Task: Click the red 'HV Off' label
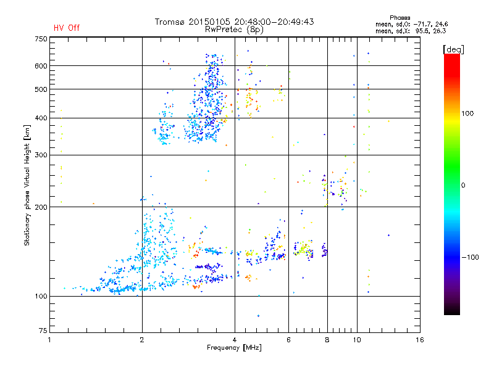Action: click(x=67, y=28)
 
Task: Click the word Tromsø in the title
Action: click(x=170, y=22)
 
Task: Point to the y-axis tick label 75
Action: click(x=43, y=332)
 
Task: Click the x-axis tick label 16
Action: click(x=419, y=340)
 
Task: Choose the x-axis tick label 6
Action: click(x=289, y=340)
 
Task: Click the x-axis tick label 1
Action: click(x=50, y=340)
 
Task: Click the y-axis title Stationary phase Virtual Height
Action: click(x=27, y=185)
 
